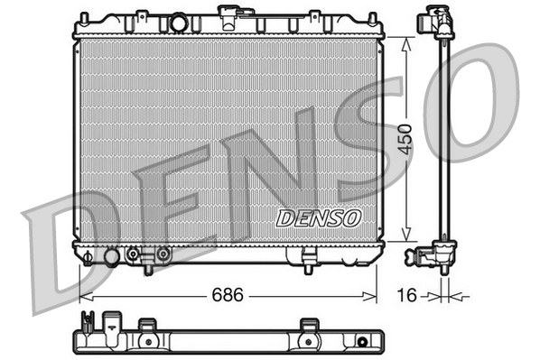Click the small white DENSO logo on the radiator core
318,217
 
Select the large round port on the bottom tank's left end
111,257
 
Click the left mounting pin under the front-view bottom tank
149,267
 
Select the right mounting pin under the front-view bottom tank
307,267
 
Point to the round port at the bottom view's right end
362,342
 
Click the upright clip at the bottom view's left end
88,323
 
